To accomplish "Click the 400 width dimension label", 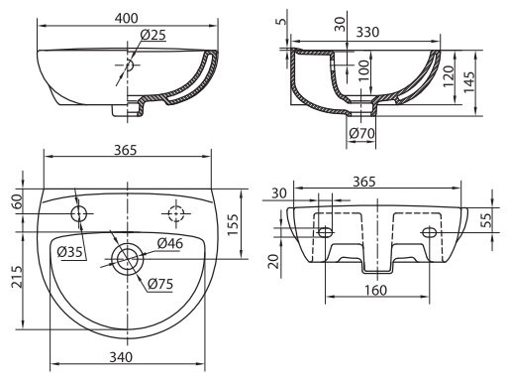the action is point(127,18).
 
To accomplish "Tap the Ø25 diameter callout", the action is point(152,35).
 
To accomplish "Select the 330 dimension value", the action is point(367,32).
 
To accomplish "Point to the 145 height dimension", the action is point(468,82).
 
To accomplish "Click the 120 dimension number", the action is point(449,76).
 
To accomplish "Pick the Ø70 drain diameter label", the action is point(362,133).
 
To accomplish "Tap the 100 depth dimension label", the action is point(363,70).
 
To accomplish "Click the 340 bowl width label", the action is point(121,357).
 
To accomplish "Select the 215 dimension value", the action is point(18,277).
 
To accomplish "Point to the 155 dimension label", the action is point(233,225).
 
